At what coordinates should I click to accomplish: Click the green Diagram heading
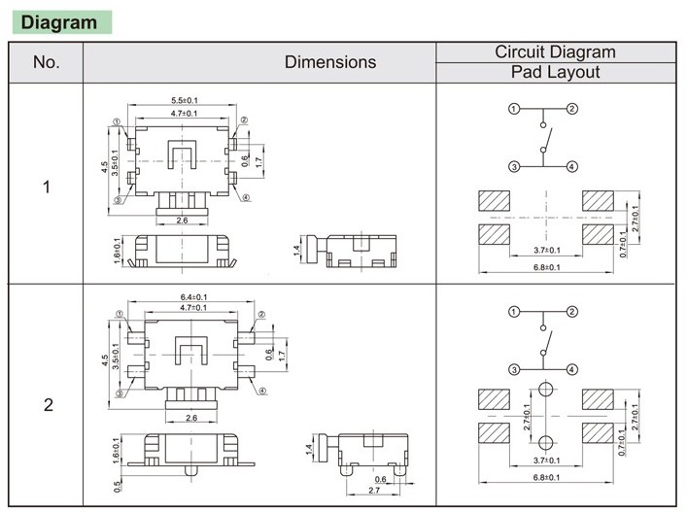(x=59, y=22)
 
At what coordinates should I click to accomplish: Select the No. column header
(x=47, y=62)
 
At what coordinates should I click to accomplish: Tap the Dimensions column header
(x=330, y=62)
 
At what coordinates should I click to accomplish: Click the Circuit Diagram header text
(x=555, y=52)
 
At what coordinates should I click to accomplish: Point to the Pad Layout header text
(x=555, y=73)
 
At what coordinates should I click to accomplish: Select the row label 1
(x=47, y=186)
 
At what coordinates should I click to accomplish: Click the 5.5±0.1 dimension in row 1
(x=185, y=101)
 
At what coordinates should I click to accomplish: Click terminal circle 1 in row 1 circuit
(x=514, y=109)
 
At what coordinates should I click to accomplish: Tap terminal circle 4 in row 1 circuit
(x=572, y=167)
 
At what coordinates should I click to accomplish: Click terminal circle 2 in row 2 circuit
(x=572, y=312)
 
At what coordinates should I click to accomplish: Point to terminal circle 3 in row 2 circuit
(x=514, y=369)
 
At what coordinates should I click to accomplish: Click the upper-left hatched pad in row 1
(x=495, y=200)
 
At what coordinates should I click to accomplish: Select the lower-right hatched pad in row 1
(x=599, y=235)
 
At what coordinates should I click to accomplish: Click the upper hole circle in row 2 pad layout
(x=546, y=390)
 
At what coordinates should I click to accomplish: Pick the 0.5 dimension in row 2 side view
(x=118, y=486)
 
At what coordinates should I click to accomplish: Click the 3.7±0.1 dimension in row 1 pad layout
(x=546, y=251)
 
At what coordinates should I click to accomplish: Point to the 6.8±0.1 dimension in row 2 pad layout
(x=546, y=476)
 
